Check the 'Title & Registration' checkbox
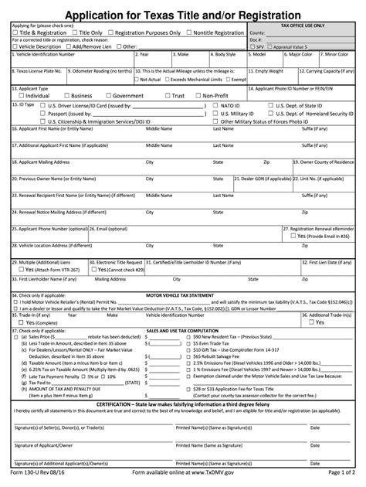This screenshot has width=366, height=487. pyautogui.click(x=17, y=33)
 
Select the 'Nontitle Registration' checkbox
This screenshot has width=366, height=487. pyautogui.click(x=188, y=33)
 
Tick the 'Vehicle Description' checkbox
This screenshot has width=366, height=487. pyautogui.click(x=15, y=46)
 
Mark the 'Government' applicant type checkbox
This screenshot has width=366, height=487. pyautogui.click(x=107, y=96)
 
